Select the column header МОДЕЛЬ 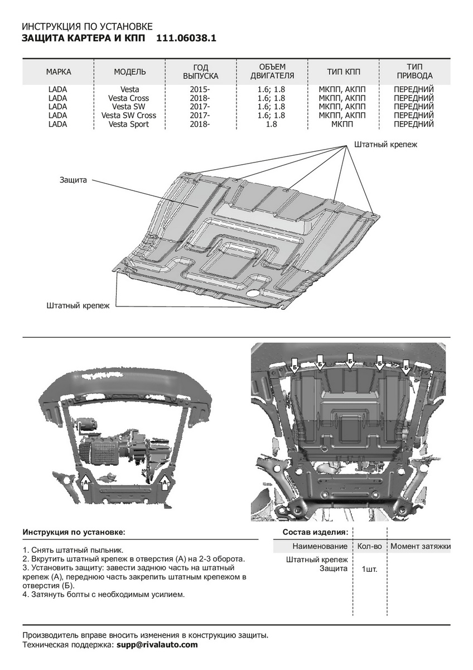point(130,72)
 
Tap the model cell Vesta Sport point(129,125)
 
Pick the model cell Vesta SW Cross point(129,116)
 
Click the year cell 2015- point(199,89)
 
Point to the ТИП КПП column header point(344,72)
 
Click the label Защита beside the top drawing point(73,180)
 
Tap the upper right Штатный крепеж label point(385,144)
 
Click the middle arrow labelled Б point(349,361)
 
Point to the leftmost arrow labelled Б point(295,366)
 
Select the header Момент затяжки point(420,546)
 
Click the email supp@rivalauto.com point(157,644)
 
